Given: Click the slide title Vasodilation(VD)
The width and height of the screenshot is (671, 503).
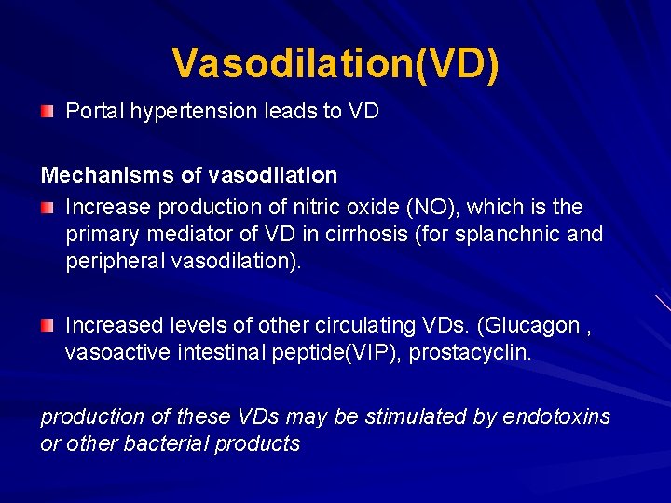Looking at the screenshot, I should [335, 63].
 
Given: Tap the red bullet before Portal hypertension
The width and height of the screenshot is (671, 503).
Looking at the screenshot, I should [47, 112].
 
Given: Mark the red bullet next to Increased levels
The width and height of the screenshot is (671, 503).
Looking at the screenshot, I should [47, 325].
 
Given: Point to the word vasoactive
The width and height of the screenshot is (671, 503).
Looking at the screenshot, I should [116, 353].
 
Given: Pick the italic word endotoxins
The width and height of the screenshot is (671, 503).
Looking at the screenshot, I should [556, 416].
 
